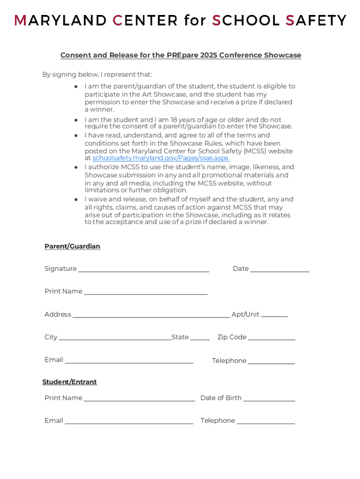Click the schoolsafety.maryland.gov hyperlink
coord(161,158)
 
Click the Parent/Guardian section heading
coord(72,246)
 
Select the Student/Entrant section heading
coord(69,382)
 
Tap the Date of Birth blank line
coord(269,400)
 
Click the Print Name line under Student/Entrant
coord(139,400)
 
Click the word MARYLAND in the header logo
coord(60,21)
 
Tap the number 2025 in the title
coord(209,55)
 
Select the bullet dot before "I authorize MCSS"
coord(76,167)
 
